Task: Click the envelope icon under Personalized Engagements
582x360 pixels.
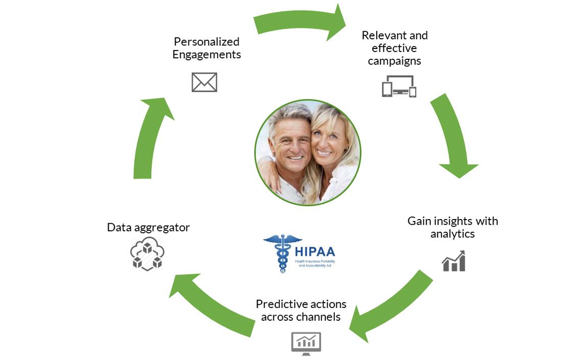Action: tap(204, 82)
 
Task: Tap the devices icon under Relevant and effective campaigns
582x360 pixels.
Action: tap(399, 86)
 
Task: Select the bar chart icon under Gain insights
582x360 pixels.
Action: tap(453, 261)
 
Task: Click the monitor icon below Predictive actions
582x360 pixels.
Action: tap(306, 343)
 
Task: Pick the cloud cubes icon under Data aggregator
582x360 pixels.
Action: tap(147, 254)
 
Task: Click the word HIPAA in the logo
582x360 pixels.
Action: tap(315, 251)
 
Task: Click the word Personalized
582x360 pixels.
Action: tap(206, 42)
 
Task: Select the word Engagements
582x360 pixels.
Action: tap(206, 55)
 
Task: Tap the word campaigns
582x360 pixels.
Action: tap(394, 61)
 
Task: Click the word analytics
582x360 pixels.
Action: tap(452, 234)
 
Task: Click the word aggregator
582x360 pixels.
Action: tap(163, 228)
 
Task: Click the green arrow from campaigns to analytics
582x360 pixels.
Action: tap(452, 135)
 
